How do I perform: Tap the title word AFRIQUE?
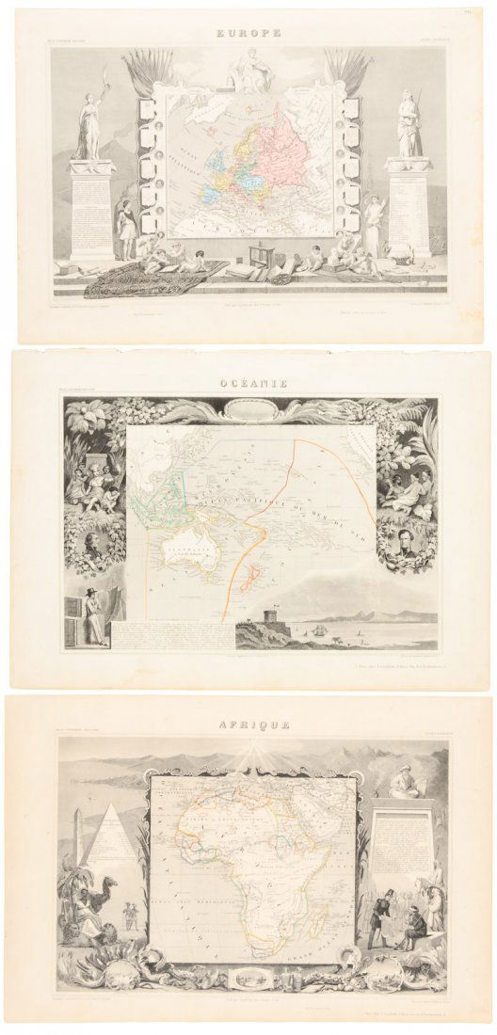point(248,726)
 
